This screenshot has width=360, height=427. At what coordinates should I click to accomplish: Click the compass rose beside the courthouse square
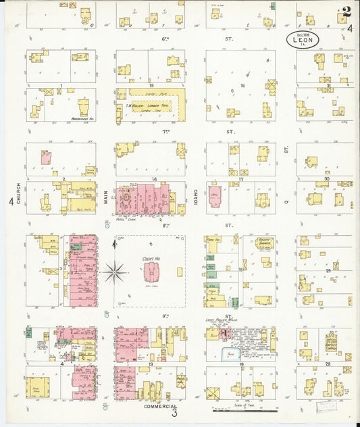pyautogui.click(x=115, y=273)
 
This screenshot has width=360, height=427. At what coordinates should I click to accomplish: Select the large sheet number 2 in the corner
pyautogui.click(x=346, y=11)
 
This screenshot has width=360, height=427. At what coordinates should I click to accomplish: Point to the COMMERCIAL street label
pyautogui.click(x=161, y=407)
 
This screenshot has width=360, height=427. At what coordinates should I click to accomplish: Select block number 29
pyautogui.click(x=330, y=270)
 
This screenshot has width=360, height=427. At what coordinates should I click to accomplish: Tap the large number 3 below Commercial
pyautogui.click(x=174, y=414)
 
